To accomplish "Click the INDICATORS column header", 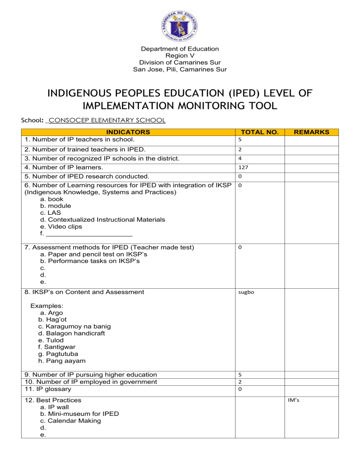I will click(127, 132).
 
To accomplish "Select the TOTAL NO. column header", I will click(258, 132).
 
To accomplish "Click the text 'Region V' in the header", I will click(180, 55).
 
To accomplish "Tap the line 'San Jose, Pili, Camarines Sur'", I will click(180, 69).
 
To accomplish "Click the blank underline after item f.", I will click(89, 233).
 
